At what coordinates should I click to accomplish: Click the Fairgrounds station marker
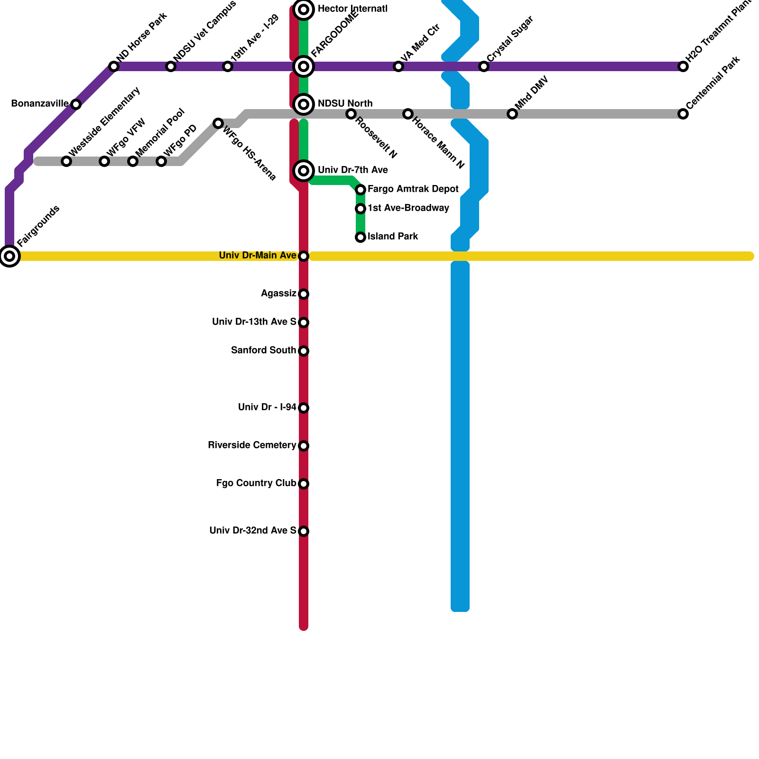click(x=9, y=256)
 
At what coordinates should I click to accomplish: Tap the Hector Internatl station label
click(x=352, y=9)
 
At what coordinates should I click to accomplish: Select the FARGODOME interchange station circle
click(x=304, y=66)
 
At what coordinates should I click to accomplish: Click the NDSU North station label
click(x=345, y=104)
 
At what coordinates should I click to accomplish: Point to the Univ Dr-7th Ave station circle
click(x=304, y=171)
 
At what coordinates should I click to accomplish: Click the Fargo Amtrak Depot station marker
click(x=361, y=190)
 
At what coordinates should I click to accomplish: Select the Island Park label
click(x=393, y=237)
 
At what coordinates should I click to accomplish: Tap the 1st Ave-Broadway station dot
click(x=361, y=209)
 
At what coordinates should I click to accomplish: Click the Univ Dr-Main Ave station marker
click(x=304, y=256)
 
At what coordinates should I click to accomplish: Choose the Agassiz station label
click(x=278, y=294)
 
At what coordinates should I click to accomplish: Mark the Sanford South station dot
click(x=304, y=351)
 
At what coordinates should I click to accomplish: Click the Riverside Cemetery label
click(x=252, y=445)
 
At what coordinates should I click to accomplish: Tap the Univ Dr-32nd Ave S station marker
click(x=304, y=531)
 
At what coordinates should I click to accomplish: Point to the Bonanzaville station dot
click(x=76, y=104)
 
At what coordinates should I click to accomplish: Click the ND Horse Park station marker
click(x=114, y=66)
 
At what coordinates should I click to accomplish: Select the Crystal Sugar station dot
click(x=484, y=66)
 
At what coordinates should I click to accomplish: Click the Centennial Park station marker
click(x=683, y=114)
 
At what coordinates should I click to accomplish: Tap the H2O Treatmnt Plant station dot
click(x=683, y=66)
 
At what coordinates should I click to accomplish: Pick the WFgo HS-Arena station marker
click(x=218, y=123)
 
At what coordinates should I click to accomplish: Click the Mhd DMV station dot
click(x=512, y=114)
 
